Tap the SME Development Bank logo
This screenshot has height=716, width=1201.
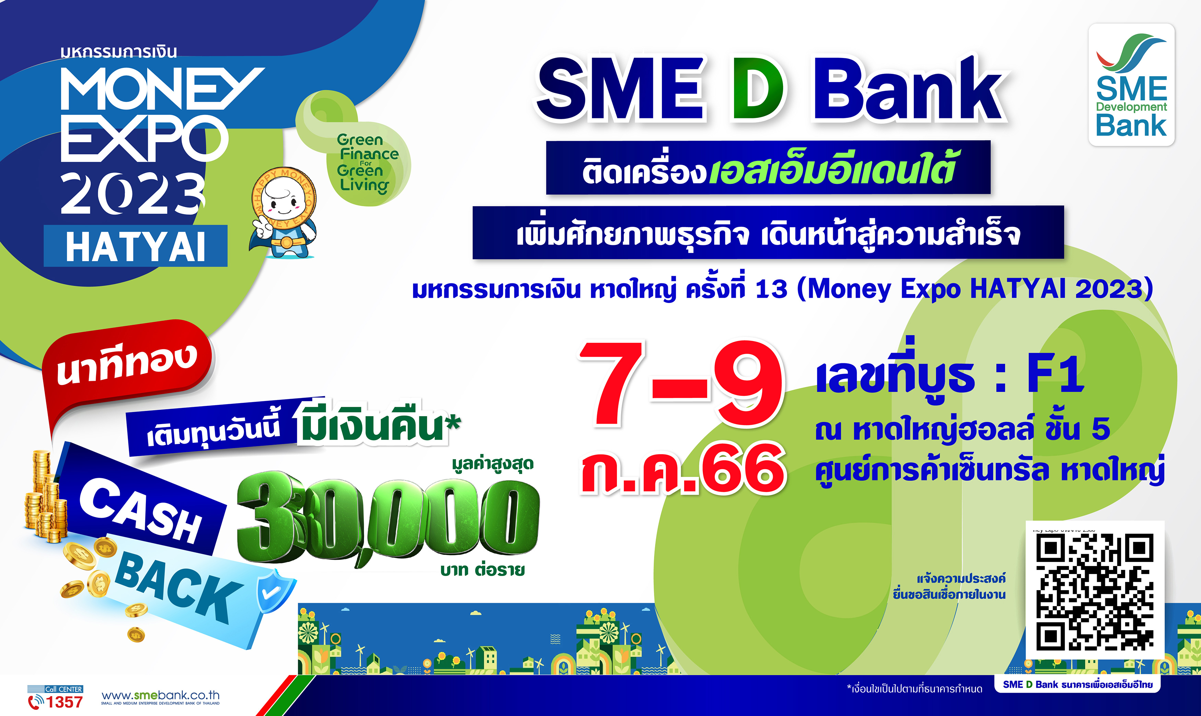(x=1132, y=85)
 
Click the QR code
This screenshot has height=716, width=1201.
(x=1095, y=591)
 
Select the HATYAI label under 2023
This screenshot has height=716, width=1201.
(x=136, y=246)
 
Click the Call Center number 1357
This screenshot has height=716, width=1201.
(x=64, y=702)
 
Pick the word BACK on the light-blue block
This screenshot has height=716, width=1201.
(x=178, y=587)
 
